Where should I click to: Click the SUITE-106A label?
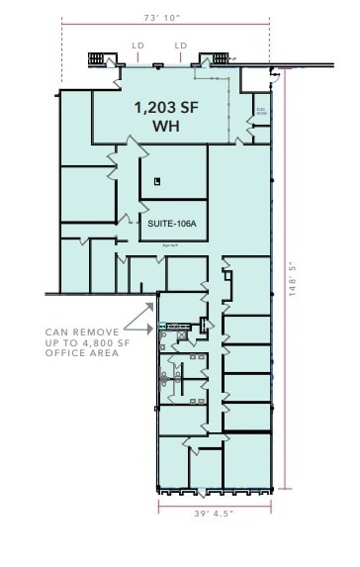coord(173,224)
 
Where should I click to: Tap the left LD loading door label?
coord(138,45)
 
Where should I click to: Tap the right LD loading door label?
coord(181,45)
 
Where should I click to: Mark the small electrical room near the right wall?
coord(262,111)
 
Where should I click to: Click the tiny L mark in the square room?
coord(156,180)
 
